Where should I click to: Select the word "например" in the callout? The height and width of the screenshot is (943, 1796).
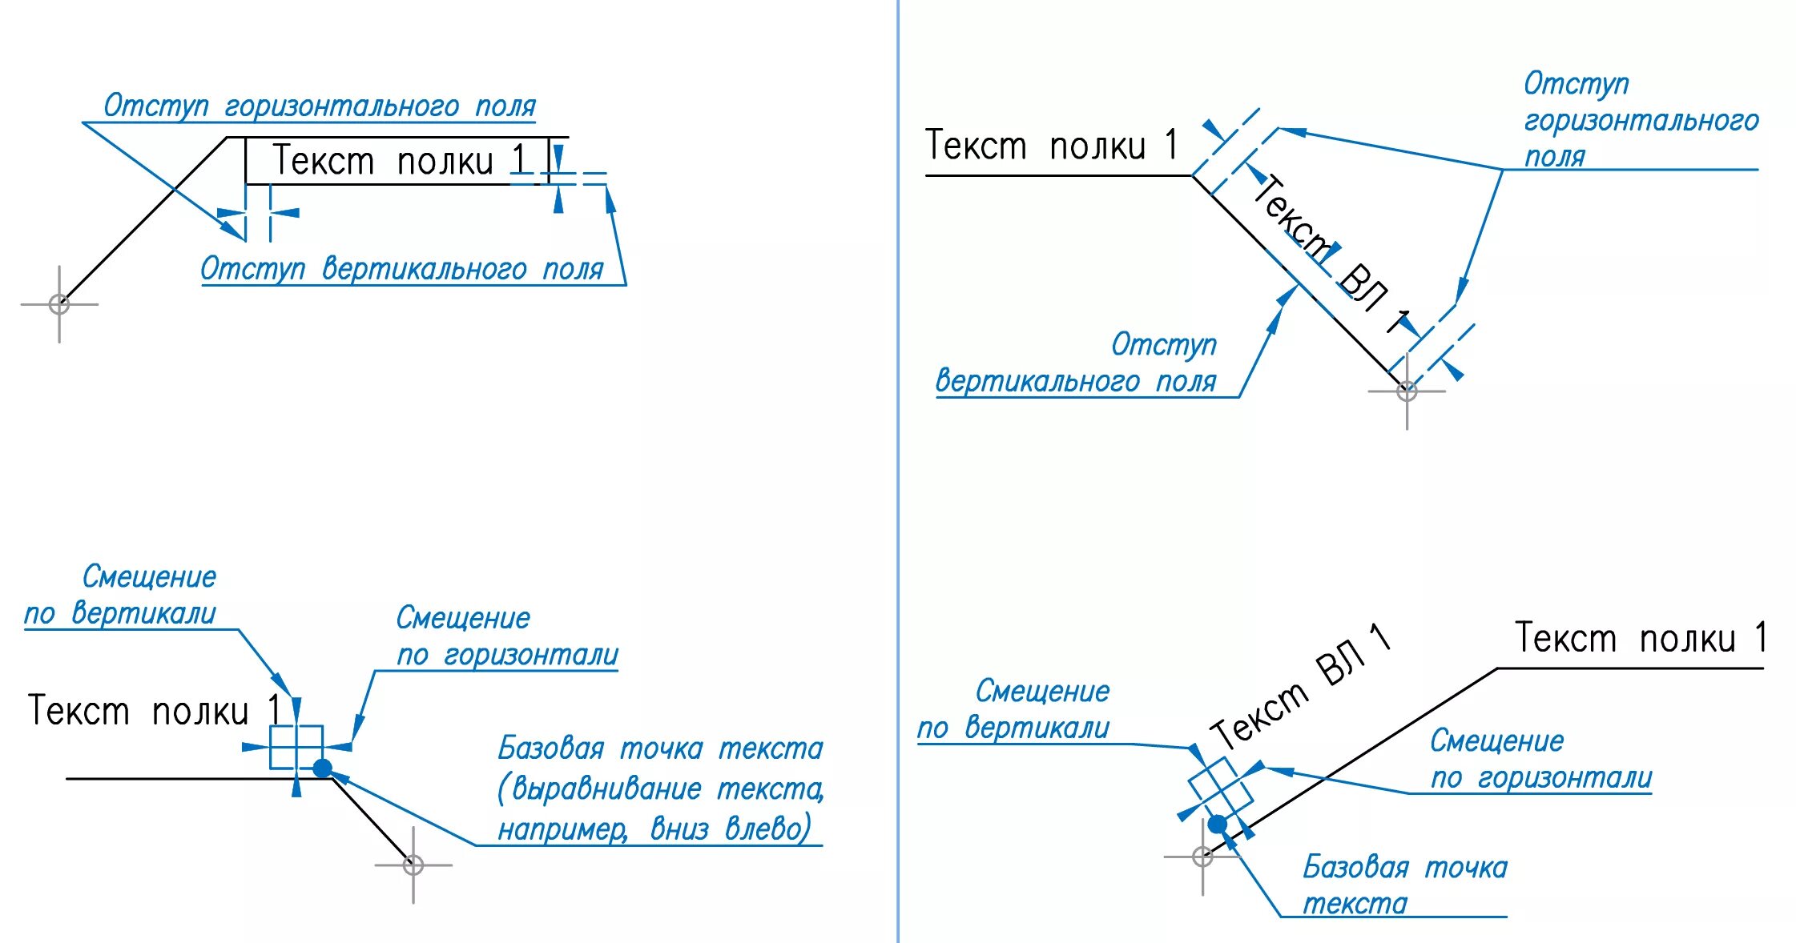562,829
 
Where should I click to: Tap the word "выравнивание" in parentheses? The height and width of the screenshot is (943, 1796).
606,789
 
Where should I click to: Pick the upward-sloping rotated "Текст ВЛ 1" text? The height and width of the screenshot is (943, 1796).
1299,688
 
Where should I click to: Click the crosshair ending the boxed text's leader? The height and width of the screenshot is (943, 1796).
59,304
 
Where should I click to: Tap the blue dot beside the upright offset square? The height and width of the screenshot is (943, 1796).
322,768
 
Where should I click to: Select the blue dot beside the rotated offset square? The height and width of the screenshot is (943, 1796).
1217,824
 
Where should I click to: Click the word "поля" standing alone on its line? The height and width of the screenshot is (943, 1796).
1554,157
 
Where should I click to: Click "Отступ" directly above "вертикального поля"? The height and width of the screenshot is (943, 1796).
1163,345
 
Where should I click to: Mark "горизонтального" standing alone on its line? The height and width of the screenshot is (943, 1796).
1641,121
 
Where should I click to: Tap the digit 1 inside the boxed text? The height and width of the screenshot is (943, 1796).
519,159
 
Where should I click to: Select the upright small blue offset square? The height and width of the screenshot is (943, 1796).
296,747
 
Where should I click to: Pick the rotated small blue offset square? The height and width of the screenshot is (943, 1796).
1220,788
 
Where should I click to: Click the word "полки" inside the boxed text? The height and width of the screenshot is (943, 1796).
445,163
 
